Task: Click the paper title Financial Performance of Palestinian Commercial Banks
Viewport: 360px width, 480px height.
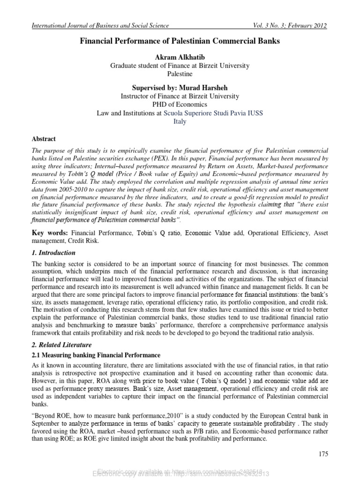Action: point(180,42)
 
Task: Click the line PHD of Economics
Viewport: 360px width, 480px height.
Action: point(180,105)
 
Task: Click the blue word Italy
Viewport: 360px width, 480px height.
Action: point(180,121)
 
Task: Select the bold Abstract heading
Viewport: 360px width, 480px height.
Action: point(44,139)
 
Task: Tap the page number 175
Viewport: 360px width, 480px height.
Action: point(323,454)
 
